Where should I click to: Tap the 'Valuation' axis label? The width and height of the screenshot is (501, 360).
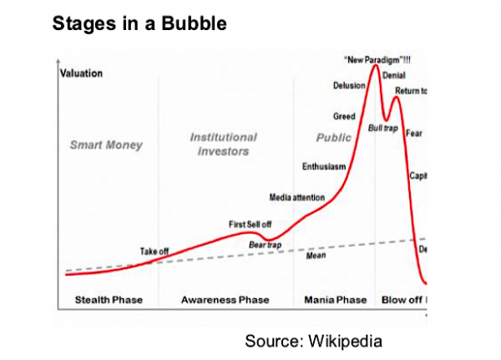tap(82, 74)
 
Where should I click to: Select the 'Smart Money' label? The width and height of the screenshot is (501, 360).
tap(106, 145)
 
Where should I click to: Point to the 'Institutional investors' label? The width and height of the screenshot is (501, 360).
tap(223, 144)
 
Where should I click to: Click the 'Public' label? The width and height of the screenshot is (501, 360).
tap(334, 138)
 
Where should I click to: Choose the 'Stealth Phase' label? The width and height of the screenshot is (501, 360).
tap(109, 299)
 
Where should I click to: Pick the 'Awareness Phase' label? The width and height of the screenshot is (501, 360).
tap(225, 299)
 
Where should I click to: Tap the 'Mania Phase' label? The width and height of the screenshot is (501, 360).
tap(335, 299)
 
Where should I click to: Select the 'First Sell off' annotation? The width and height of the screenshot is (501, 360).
tap(250, 224)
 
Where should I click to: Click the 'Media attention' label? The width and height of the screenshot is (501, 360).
tap(297, 197)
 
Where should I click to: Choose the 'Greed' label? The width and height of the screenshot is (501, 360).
tap(345, 116)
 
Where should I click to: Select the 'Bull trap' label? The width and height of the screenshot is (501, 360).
tap(382, 128)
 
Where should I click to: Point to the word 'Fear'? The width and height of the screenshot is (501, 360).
tap(412, 133)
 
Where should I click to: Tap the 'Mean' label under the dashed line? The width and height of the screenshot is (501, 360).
tap(316, 256)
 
